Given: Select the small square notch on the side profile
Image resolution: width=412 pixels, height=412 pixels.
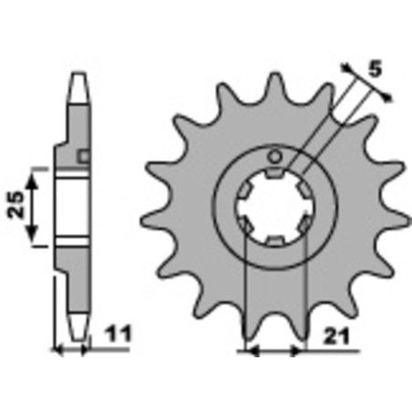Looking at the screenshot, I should (x=84, y=158).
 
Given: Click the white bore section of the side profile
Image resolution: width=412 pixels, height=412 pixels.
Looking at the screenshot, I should (x=73, y=207).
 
